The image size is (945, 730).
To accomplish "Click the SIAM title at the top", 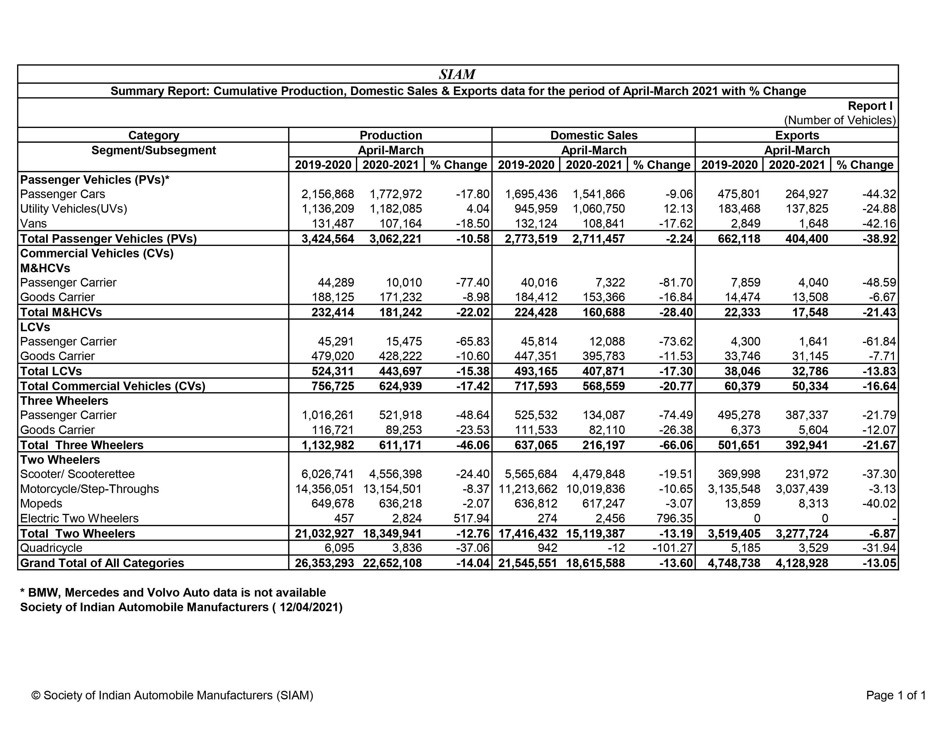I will click(457, 74).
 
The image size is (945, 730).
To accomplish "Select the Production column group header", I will click(391, 135).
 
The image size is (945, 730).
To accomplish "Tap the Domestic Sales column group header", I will click(594, 135).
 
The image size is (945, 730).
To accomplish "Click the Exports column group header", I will click(797, 135).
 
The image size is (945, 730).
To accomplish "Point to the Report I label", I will click(870, 106).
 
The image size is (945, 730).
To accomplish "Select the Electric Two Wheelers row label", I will click(79, 518).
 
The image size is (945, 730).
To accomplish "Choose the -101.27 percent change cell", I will click(672, 548).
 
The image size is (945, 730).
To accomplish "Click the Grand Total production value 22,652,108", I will click(392, 563).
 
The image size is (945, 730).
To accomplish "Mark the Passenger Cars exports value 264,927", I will click(806, 194).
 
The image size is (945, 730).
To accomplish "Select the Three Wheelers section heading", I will click(64, 401).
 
